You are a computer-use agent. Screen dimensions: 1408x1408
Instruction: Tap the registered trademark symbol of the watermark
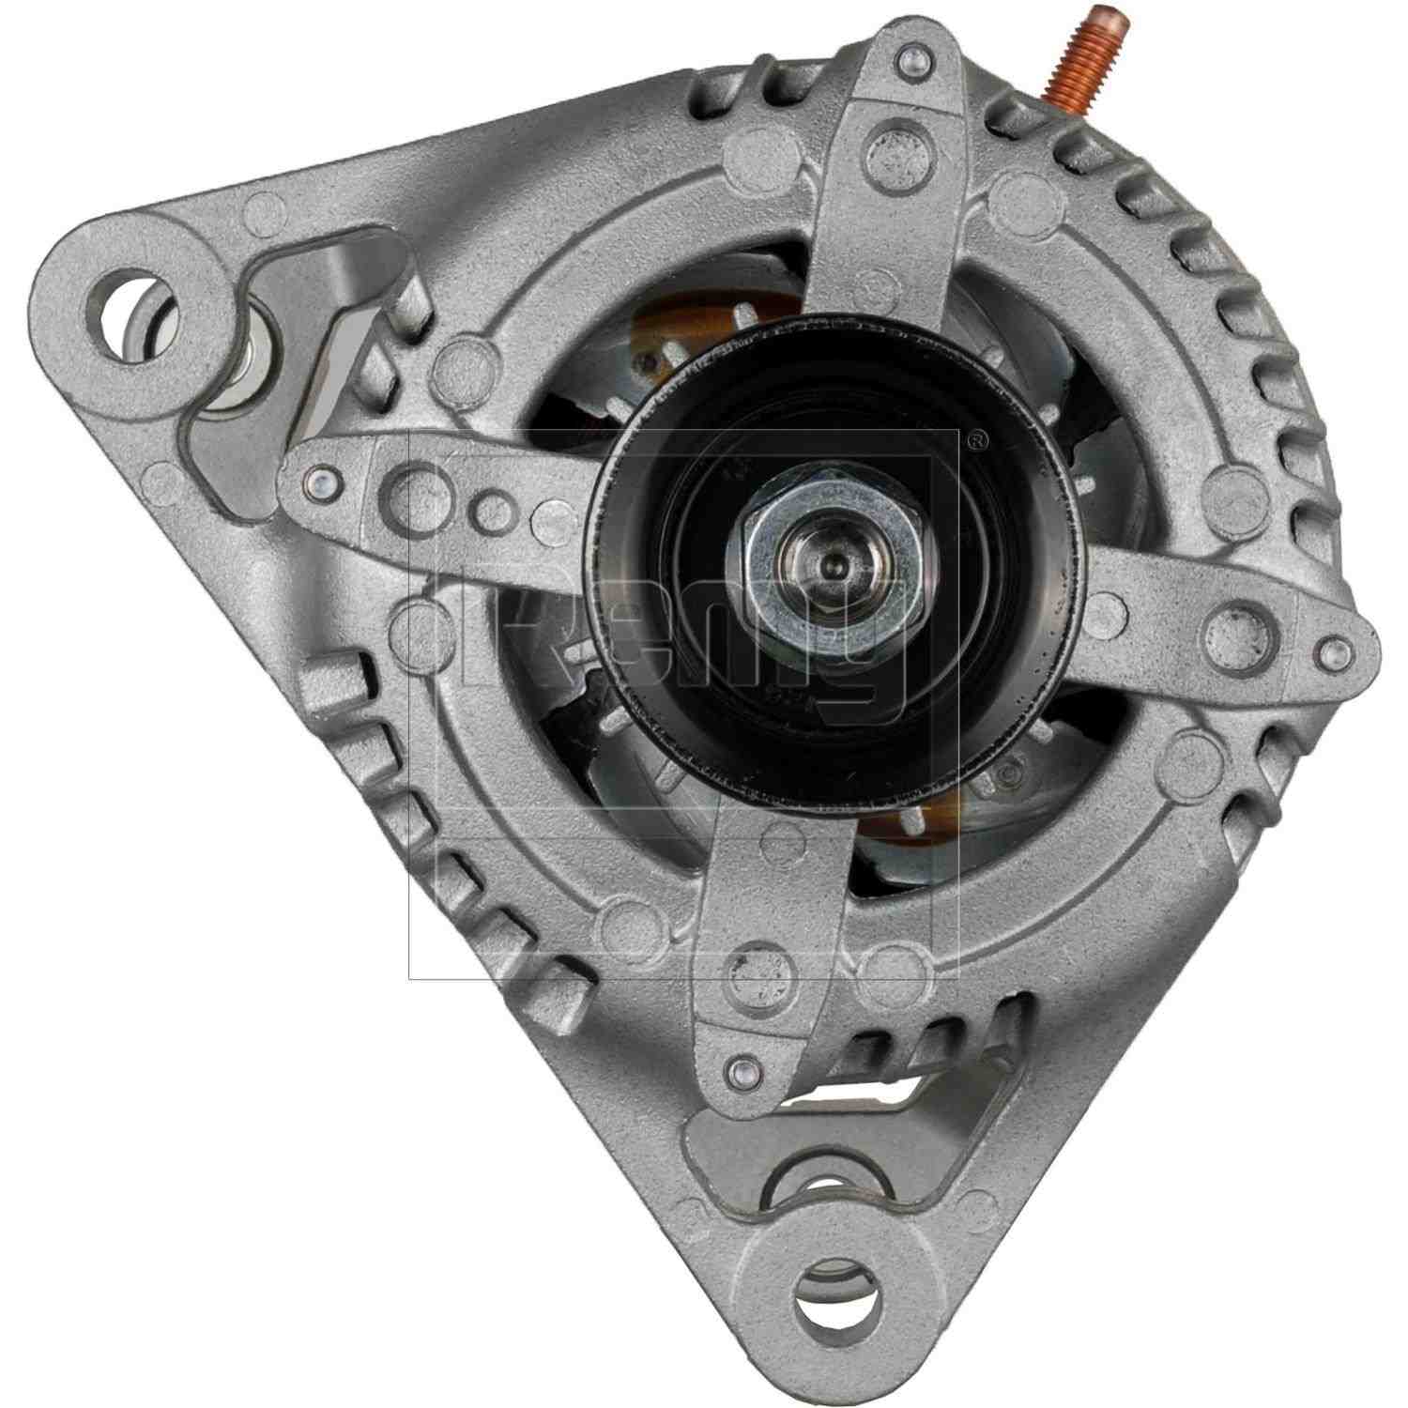click(977, 437)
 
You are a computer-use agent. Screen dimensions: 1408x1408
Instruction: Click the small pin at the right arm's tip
click(1330, 648)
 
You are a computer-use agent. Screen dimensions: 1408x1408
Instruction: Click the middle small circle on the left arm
click(489, 508)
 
